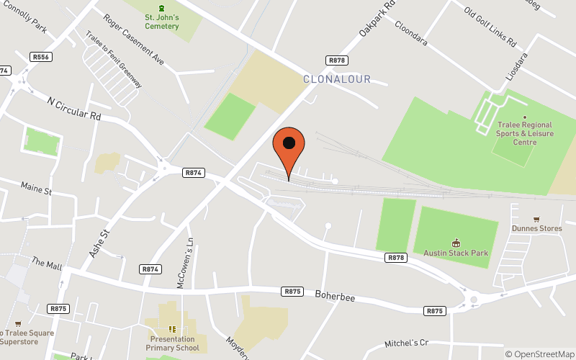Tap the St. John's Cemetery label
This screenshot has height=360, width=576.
pyautogui.click(x=161, y=22)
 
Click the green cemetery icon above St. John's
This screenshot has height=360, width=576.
pyautogui.click(x=161, y=7)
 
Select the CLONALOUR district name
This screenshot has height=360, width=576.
pyautogui.click(x=336, y=78)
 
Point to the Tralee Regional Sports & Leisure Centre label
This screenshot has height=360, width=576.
pyautogui.click(x=524, y=133)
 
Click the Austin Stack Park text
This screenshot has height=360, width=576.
pyautogui.click(x=456, y=253)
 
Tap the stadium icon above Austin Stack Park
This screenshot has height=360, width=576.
pyautogui.click(x=456, y=243)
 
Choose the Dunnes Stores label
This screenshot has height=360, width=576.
pyautogui.click(x=536, y=229)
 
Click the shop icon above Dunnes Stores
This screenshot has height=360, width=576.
pyautogui.click(x=536, y=219)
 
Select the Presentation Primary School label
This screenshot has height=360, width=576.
pyautogui.click(x=174, y=343)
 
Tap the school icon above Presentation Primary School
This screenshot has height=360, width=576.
pyautogui.click(x=172, y=329)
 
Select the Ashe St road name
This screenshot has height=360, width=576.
pyautogui.click(x=99, y=243)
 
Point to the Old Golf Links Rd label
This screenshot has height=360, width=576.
pyautogui.click(x=490, y=27)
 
